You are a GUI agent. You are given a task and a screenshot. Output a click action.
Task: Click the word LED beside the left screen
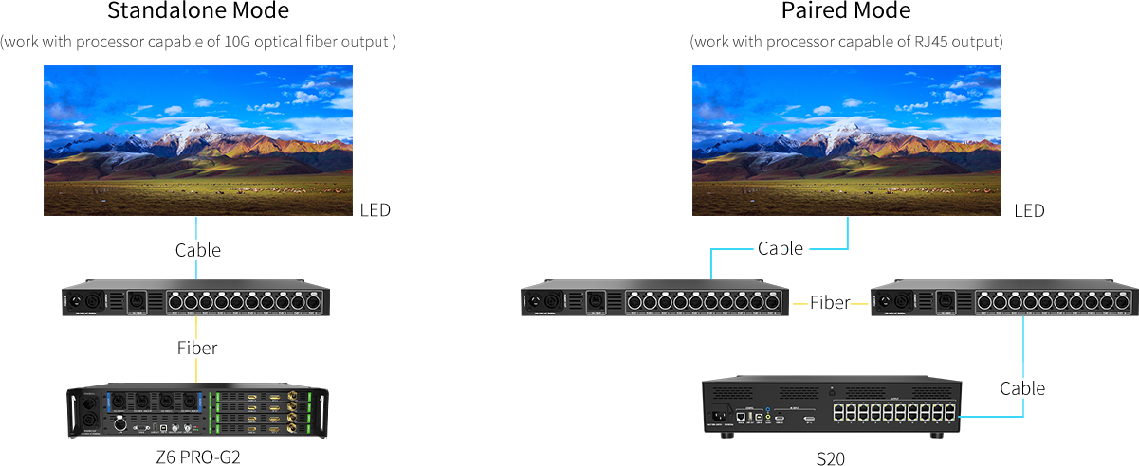tap(376, 210)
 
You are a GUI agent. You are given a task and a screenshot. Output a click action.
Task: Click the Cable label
tap(197, 251)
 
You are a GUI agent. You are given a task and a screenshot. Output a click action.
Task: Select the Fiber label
tap(197, 349)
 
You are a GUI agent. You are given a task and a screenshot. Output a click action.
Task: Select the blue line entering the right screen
tap(847, 232)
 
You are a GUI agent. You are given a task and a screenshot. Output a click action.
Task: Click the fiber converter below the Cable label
tap(196, 300)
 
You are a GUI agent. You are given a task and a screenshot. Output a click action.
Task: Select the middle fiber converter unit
tap(655, 302)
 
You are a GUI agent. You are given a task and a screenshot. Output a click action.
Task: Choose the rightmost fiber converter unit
tap(1004, 302)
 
